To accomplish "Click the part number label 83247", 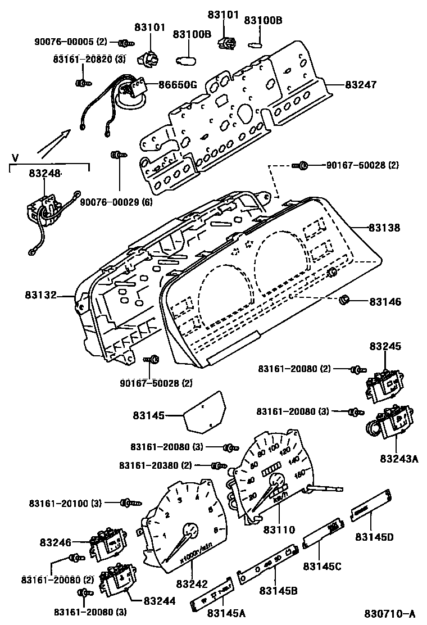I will click(x=360, y=85).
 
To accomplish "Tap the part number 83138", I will click(x=384, y=228).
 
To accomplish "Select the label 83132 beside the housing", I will click(x=41, y=295).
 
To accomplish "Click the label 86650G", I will click(x=177, y=85).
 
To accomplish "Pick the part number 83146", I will click(x=385, y=302).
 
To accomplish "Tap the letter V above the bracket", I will click(x=15, y=157).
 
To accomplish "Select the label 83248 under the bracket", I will click(x=46, y=174).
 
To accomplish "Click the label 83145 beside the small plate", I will click(x=149, y=416).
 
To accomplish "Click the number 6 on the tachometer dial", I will click(x=216, y=528).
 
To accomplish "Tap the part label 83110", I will click(x=279, y=529).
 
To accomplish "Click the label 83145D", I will click(x=374, y=537).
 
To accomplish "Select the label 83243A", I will click(x=400, y=459).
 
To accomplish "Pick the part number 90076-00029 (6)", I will click(x=116, y=202).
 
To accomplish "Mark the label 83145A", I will click(x=226, y=613).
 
